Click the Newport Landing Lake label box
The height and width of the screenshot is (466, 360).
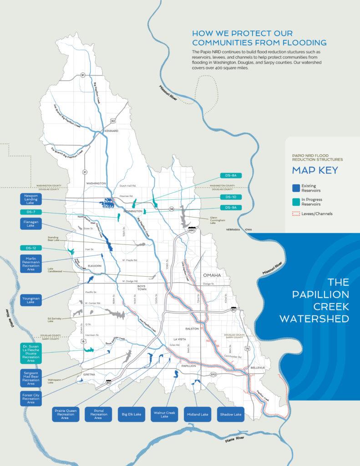(x=31, y=199)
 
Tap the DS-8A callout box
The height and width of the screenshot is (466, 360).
(x=230, y=175)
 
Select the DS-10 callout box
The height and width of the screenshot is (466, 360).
(x=230, y=197)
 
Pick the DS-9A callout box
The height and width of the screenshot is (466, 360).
(x=230, y=208)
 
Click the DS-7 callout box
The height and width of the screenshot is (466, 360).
(x=31, y=212)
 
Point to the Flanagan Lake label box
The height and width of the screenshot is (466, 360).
(x=31, y=223)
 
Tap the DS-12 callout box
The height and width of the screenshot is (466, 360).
(x=31, y=248)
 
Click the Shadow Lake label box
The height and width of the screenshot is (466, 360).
(x=230, y=415)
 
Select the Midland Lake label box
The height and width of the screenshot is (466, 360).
(x=197, y=415)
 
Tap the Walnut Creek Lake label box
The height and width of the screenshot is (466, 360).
(x=164, y=415)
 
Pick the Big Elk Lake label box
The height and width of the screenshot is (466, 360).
(x=132, y=415)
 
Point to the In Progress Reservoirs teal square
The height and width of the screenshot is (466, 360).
(x=296, y=202)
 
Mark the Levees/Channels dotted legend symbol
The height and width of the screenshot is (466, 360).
(x=296, y=213)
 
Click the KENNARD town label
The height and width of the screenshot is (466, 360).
(x=112, y=131)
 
